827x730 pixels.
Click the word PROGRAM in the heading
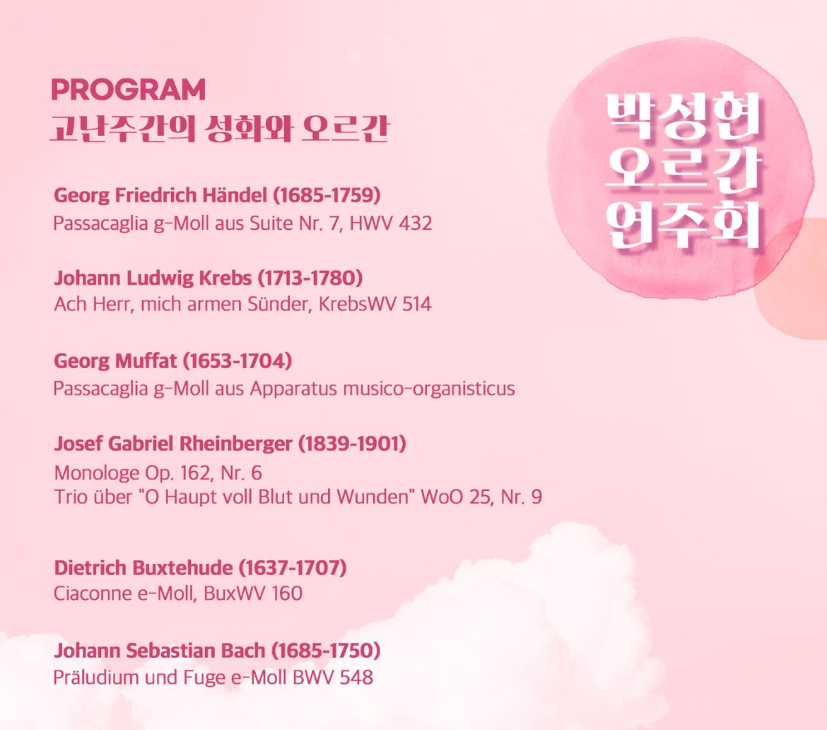(x=128, y=90)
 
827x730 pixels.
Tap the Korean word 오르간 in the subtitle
(x=346, y=128)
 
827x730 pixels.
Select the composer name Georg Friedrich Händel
(x=160, y=196)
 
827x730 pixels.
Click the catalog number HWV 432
(x=391, y=224)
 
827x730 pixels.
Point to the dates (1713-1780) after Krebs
(x=310, y=278)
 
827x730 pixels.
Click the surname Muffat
(x=146, y=361)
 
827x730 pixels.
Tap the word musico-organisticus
(x=429, y=389)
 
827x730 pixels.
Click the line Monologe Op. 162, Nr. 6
(x=158, y=473)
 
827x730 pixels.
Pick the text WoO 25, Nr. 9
(x=481, y=497)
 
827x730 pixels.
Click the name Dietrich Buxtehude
(x=143, y=568)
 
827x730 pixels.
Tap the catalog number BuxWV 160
(x=253, y=593)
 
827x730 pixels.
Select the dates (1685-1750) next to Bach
(x=326, y=651)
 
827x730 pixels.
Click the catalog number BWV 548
(x=333, y=677)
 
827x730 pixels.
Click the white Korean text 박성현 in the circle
(x=683, y=116)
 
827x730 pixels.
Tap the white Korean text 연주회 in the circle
(x=683, y=225)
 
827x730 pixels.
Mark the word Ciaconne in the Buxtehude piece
(x=93, y=593)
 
